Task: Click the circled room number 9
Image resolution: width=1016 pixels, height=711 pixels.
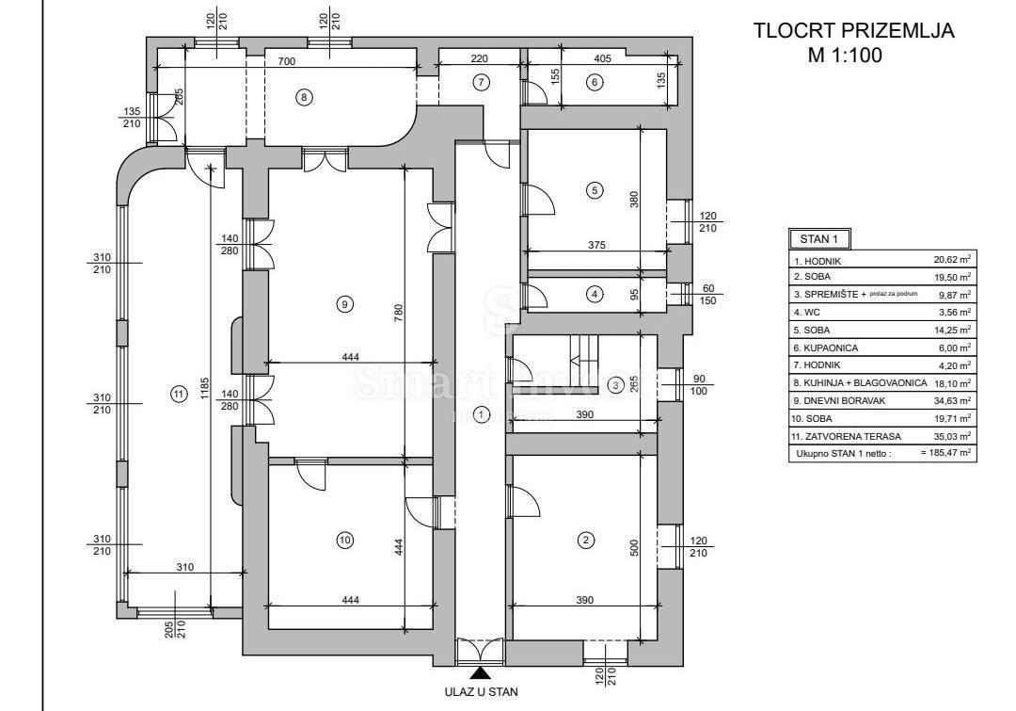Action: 345,303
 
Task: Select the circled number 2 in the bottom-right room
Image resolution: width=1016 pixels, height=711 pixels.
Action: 586,540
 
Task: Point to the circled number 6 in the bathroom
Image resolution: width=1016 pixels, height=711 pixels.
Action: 594,82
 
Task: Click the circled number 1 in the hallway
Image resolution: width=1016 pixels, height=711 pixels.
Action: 482,413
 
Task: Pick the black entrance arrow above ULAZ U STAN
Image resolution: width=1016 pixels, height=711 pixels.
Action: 480,672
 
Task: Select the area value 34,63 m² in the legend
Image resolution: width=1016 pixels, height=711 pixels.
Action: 951,399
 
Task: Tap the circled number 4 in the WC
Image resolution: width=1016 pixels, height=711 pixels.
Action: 594,294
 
